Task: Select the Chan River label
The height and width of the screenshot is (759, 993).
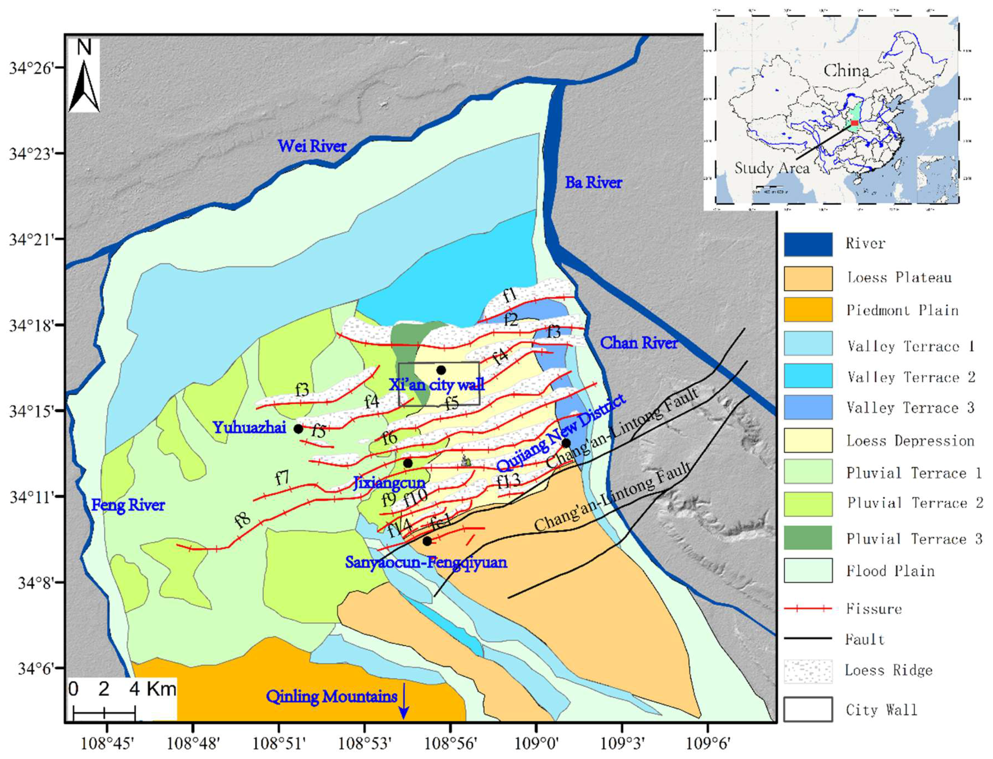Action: pyautogui.click(x=638, y=343)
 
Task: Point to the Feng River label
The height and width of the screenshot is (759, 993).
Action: pyautogui.click(x=128, y=505)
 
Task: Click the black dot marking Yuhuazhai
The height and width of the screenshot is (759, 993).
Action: pyautogui.click(x=298, y=429)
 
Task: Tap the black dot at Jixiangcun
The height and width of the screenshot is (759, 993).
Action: pyautogui.click(x=408, y=463)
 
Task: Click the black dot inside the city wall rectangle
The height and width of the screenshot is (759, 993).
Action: pyautogui.click(x=441, y=370)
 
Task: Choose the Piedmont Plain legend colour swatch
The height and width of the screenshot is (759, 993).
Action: pyautogui.click(x=808, y=310)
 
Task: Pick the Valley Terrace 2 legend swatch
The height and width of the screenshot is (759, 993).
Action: pyautogui.click(x=808, y=375)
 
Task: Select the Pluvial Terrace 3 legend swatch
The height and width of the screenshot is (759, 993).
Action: pyautogui.click(x=808, y=538)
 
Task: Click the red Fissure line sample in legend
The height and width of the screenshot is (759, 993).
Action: pyautogui.click(x=808, y=608)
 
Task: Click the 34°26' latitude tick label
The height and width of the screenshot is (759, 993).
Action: pyautogui.click(x=31, y=68)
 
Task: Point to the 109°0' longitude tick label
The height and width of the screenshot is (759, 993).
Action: pyautogui.click(x=536, y=743)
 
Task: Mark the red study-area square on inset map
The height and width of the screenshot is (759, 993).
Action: pyautogui.click(x=854, y=123)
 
